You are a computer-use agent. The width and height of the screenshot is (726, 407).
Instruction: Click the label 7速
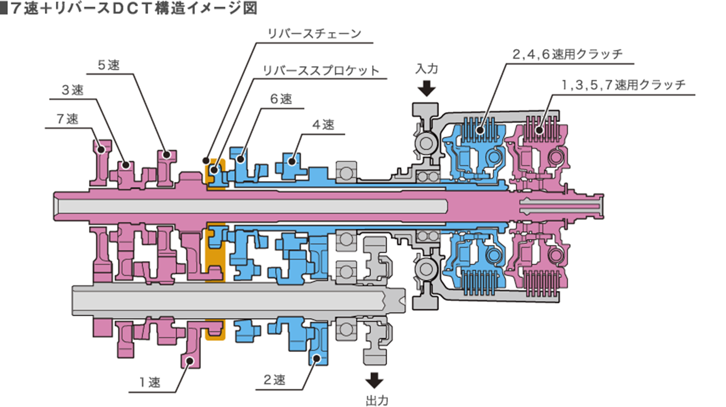pos(68,119)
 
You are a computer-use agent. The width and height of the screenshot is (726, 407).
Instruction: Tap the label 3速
pos(73,90)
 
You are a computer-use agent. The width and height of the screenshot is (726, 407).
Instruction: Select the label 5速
pos(109,65)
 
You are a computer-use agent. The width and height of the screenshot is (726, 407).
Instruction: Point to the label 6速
pos(281,99)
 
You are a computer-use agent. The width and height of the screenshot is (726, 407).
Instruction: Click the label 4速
pos(323,125)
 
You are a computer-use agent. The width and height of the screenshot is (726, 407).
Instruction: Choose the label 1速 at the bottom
pos(150,382)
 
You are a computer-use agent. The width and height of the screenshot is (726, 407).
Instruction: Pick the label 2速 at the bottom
pos(275,380)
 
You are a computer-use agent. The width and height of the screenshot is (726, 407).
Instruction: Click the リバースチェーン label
pos(314,34)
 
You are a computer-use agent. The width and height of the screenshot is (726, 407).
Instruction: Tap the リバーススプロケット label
pos(321,71)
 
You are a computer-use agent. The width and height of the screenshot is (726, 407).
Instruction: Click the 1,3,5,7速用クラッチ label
pos(623,85)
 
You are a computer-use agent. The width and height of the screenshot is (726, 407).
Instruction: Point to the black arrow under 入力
pos(427,88)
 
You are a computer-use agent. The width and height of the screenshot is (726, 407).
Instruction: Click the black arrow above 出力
pos(374,380)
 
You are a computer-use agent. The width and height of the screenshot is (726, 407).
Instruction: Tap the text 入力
pos(427,69)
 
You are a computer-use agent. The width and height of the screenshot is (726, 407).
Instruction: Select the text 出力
pos(377,401)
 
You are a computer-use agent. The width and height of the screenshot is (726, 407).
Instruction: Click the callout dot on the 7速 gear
pos(100,149)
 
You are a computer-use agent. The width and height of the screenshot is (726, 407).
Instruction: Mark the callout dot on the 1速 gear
pos(190,361)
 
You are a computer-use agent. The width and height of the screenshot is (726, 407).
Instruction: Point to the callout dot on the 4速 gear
pos(292,161)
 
